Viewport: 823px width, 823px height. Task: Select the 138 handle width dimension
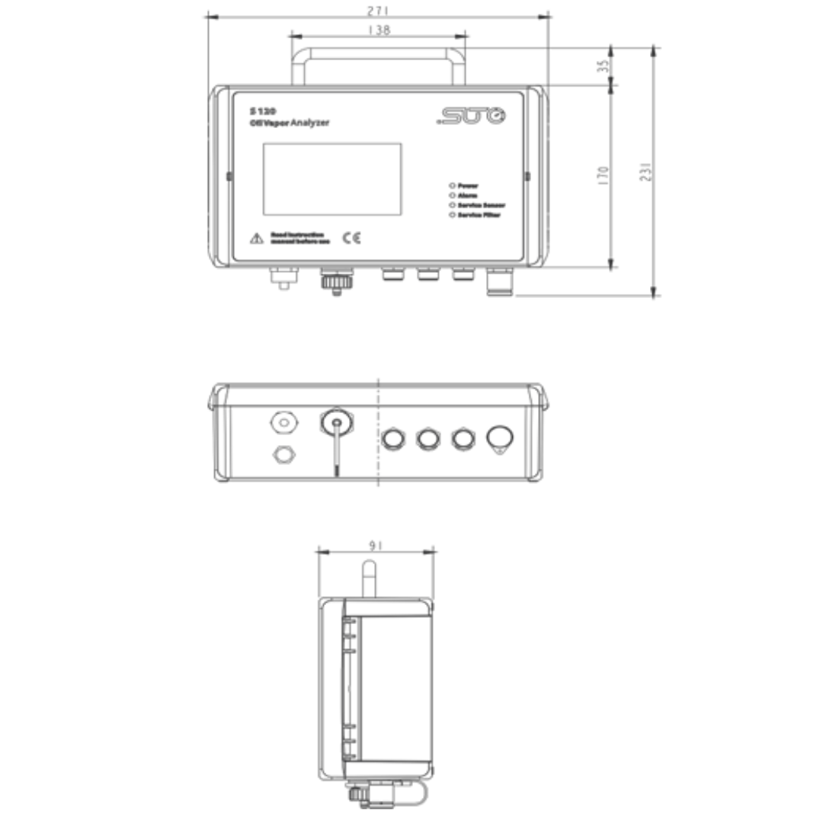[x=379, y=30]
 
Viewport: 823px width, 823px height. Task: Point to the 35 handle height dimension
[x=604, y=66]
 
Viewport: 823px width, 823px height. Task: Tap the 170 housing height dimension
[x=604, y=176]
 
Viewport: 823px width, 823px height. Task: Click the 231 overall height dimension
[x=645, y=171]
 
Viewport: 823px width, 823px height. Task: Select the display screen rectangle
[x=332, y=179]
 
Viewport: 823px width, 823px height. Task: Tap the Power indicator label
[x=468, y=185]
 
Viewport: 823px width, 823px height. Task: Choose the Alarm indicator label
[x=467, y=195]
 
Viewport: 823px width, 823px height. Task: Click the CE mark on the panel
[x=351, y=238]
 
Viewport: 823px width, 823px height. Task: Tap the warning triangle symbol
[x=257, y=239]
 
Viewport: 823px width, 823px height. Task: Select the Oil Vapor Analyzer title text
[x=290, y=123]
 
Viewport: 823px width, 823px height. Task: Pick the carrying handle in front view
[x=379, y=53]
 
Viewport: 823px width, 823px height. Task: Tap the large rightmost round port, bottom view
[x=500, y=438]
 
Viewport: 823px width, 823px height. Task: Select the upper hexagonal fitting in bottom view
[x=283, y=421]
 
